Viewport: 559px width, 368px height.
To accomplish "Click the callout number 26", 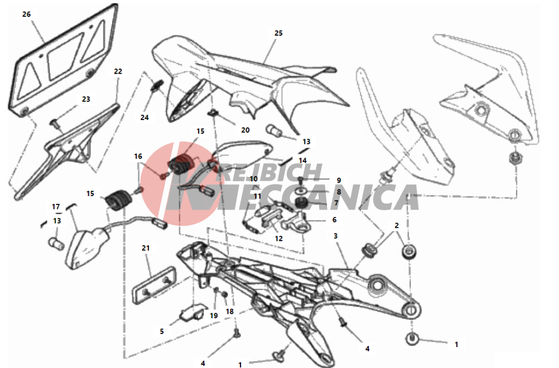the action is pos(27,14).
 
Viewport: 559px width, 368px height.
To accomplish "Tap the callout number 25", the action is pos(278,33).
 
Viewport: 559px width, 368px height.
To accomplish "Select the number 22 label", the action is pos(118,71).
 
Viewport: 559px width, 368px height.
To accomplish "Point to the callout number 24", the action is pos(144,117).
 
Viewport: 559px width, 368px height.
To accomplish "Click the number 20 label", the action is pos(246,130).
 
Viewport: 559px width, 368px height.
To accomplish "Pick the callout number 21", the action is pos(145,248).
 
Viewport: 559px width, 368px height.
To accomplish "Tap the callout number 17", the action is pos(56,207).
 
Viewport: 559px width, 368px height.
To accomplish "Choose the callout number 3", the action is pos(336,236).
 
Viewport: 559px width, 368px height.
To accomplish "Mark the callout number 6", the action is pos(334,220).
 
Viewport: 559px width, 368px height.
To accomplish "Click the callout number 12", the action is pos(279,238).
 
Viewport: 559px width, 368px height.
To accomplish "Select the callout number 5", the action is pos(161,331).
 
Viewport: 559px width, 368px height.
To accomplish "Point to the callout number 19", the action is pos(213,315).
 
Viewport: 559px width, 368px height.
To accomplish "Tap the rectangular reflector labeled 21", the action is pos(154,285).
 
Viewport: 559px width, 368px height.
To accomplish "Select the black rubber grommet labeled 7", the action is pos(301,203).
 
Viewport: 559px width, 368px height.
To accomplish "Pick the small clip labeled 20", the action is pos(213,114).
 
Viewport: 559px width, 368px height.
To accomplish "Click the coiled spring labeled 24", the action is pos(157,85).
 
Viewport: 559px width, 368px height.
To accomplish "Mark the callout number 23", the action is pos(86,99).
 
